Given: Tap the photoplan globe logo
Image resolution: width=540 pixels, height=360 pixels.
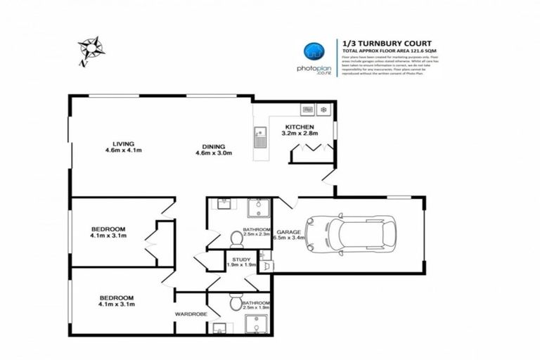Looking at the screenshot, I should [x=311, y=50].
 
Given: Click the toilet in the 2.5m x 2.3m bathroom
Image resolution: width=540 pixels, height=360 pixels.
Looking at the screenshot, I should [x=236, y=240].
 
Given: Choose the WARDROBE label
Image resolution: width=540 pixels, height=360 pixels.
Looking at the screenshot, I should [x=191, y=314].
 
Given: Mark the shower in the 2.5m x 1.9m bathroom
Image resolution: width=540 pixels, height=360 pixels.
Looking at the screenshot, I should [x=255, y=326].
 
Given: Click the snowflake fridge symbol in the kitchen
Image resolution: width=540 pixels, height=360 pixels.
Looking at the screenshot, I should [x=323, y=110].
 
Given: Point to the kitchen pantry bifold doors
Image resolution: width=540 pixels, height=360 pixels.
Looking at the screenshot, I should [x=310, y=148].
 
